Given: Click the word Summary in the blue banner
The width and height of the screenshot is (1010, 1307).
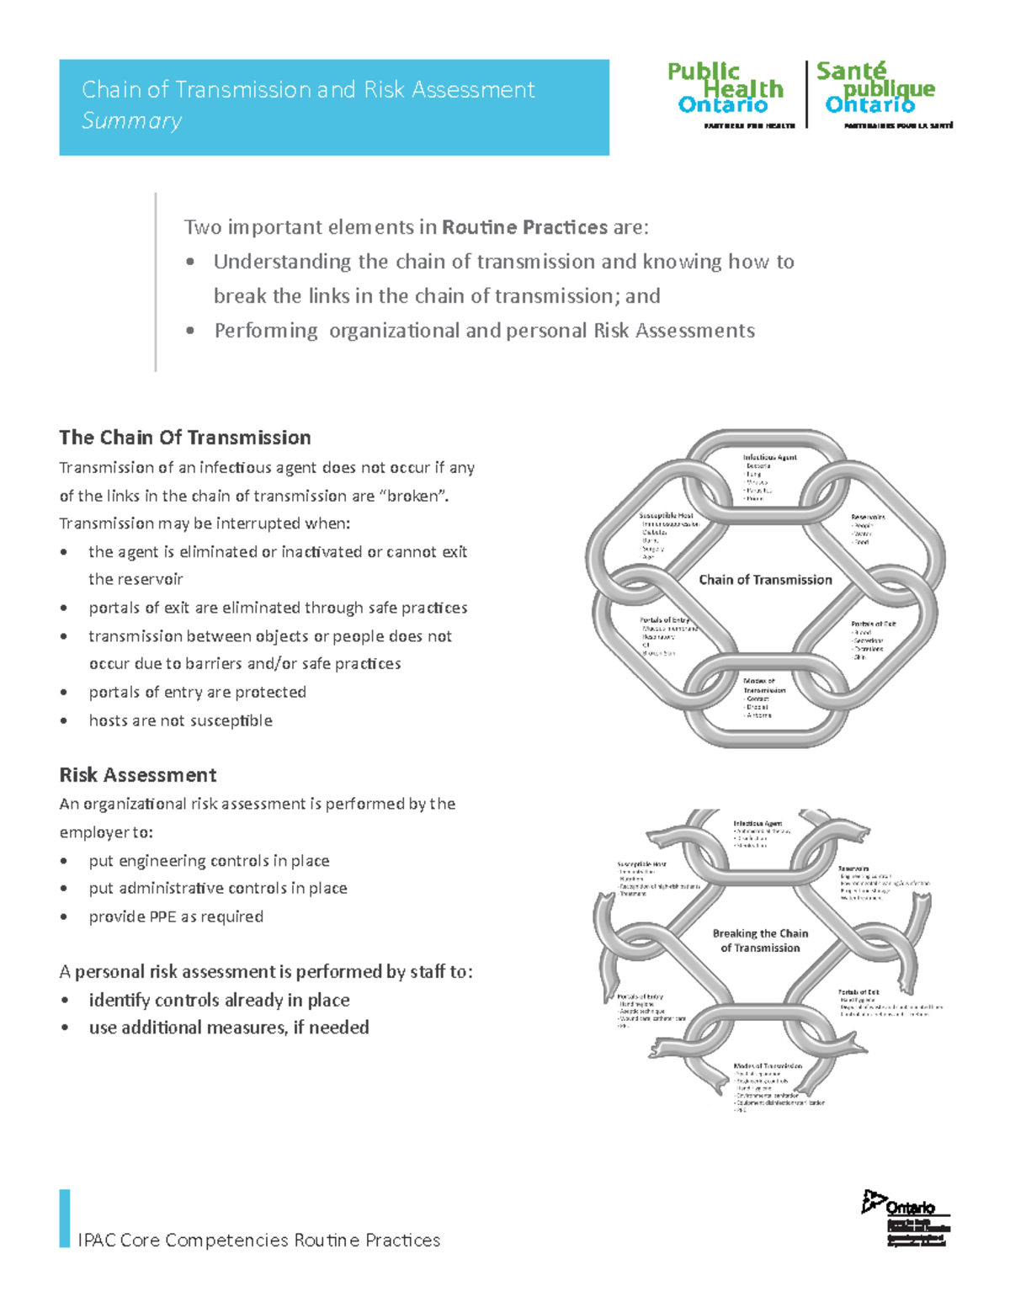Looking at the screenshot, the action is click(x=131, y=121).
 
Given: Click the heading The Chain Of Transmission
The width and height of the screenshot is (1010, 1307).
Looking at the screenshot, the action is click(x=185, y=438).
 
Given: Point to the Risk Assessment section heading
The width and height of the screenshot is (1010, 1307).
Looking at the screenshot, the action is click(x=138, y=775).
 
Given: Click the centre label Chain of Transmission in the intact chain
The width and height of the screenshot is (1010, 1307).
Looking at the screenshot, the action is click(x=765, y=580).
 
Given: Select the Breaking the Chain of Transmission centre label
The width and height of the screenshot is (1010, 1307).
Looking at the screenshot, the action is click(x=760, y=941).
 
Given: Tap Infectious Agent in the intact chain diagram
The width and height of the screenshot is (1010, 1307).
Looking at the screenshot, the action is click(x=769, y=458).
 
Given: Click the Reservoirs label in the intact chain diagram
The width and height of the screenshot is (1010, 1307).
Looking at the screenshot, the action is click(x=867, y=517).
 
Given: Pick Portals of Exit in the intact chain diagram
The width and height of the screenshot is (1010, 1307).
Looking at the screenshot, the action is click(x=873, y=624).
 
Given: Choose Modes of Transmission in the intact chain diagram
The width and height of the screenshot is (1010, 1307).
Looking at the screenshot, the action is click(x=764, y=685).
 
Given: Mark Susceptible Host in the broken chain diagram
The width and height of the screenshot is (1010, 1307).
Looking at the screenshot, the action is click(x=641, y=864).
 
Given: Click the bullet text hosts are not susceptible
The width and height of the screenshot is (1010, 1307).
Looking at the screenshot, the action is click(x=180, y=720).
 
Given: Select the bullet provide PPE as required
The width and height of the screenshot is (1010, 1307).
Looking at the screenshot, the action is click(x=176, y=916).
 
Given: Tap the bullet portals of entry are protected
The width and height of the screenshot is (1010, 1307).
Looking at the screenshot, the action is click(x=197, y=692).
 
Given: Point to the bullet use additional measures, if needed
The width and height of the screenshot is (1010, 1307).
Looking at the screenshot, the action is click(x=229, y=1028).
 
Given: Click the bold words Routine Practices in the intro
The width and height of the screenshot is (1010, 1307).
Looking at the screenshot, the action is click(x=524, y=227).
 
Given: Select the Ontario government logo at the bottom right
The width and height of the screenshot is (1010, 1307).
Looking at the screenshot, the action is click(x=906, y=1217).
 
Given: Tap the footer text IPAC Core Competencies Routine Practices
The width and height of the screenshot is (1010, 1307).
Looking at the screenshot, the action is click(x=258, y=1241).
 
